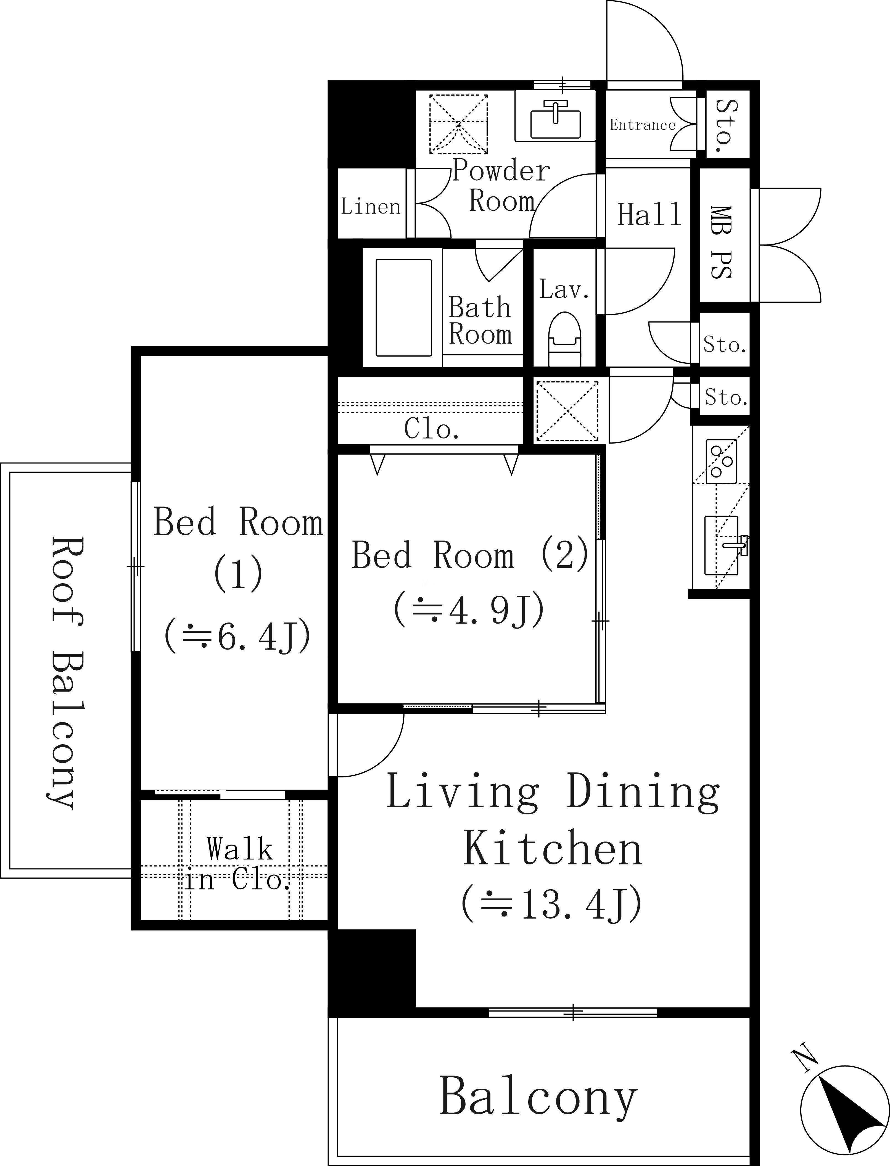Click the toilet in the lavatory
point(565,339)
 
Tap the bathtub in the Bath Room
point(404,308)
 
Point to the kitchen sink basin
point(721,546)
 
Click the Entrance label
point(643,125)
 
